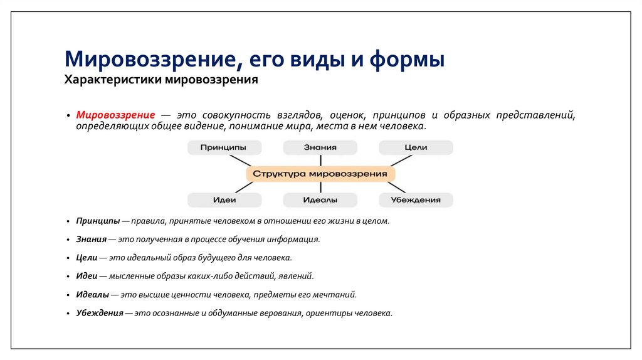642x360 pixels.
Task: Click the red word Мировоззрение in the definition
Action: [116, 115]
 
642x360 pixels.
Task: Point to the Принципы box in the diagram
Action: [224, 147]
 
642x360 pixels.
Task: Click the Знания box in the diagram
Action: [320, 147]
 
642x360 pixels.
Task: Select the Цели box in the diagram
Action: [416, 147]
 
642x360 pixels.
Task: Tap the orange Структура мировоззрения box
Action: [320, 174]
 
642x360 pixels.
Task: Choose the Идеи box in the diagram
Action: [224, 200]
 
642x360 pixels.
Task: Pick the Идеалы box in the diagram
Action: [320, 200]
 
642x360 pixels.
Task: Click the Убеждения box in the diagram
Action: [416, 200]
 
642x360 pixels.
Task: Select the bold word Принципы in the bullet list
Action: [98, 221]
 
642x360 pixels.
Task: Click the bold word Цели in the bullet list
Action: [87, 258]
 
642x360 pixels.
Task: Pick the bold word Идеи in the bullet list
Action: [87, 276]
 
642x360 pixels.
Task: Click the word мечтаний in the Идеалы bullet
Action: [339, 294]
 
